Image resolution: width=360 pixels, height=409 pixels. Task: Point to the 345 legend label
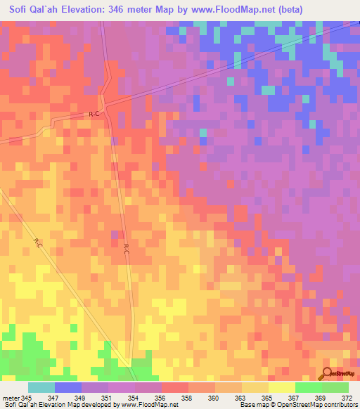(26, 398)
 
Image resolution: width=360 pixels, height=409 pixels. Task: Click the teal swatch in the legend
(41, 387)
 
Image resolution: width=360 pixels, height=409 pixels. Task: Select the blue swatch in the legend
(68, 387)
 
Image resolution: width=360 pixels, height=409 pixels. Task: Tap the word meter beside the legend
(11, 398)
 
